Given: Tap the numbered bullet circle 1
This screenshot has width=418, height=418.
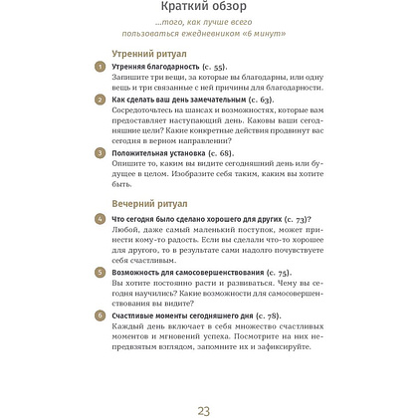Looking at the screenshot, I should [x=98, y=66].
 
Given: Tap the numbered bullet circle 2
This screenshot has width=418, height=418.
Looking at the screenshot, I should [x=98, y=101].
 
